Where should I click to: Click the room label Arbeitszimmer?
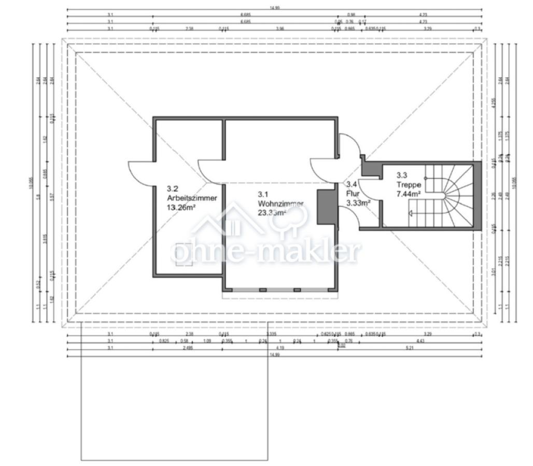192,198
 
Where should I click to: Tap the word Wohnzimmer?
280,203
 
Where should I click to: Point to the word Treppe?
408,184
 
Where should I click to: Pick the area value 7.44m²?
409,194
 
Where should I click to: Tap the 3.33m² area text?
358,203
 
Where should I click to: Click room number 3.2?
172,189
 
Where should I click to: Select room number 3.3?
402,175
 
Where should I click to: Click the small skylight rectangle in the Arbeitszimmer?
183,254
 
